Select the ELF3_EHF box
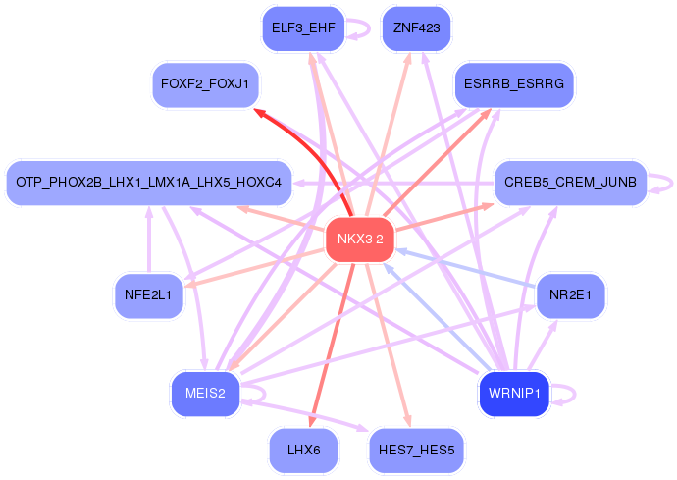pyautogui.click(x=303, y=28)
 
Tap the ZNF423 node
pyautogui.click(x=416, y=28)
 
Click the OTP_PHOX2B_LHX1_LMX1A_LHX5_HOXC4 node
pyautogui.click(x=149, y=183)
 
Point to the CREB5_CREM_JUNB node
pyautogui.click(x=569, y=183)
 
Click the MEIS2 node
pyautogui.click(x=205, y=394)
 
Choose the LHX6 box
pyautogui.click(x=303, y=451)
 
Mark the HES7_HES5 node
pyautogui.click(x=416, y=451)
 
